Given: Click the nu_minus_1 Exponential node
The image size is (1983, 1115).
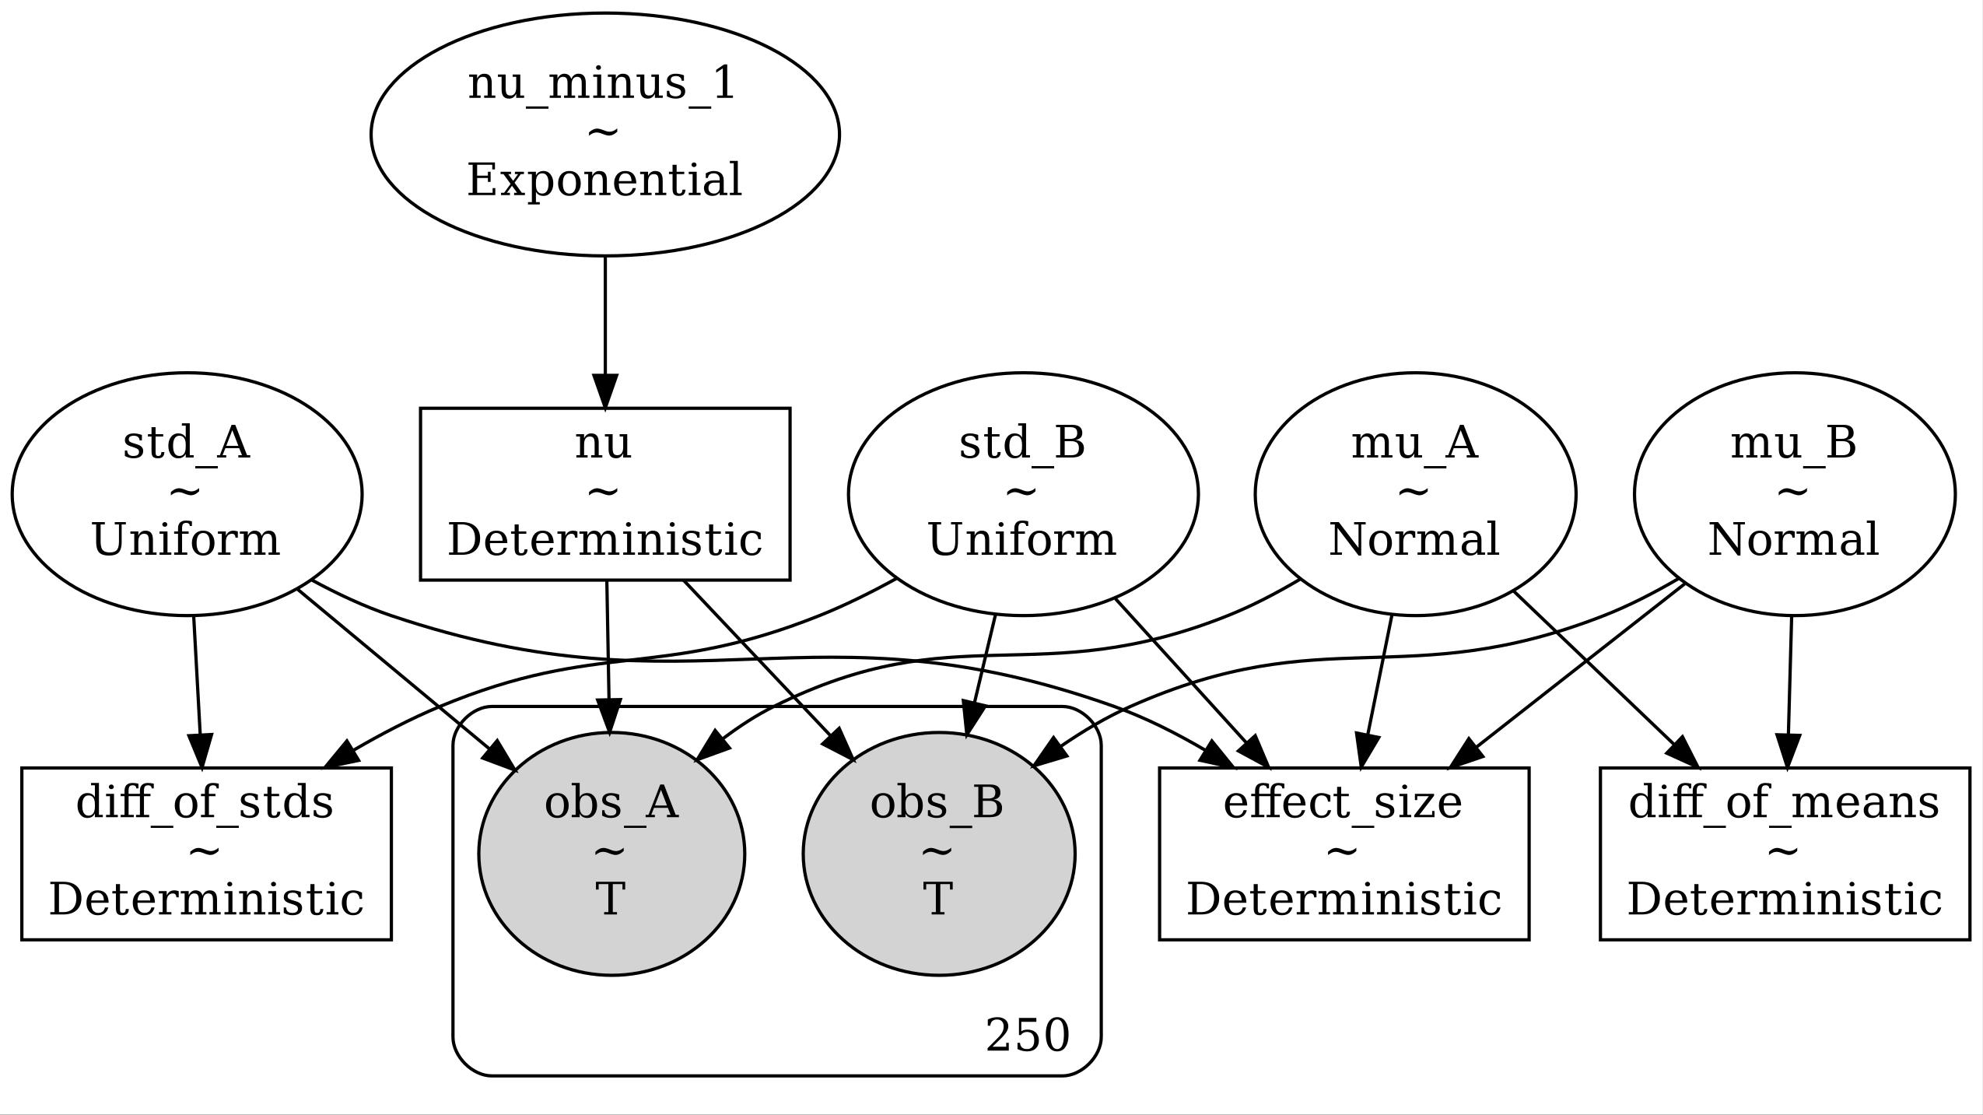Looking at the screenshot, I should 604,135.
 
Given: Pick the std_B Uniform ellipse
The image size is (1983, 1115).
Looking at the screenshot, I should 1022,494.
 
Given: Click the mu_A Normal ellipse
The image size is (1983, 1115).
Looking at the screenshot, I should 1414,494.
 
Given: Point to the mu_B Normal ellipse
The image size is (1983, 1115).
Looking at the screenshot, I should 1793,494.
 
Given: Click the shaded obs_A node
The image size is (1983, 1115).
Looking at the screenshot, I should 611,854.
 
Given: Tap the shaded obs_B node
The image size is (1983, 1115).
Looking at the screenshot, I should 938,854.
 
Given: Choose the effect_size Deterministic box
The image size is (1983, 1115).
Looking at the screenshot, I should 1344,854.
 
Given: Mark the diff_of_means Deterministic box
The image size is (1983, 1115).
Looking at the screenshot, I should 1784,854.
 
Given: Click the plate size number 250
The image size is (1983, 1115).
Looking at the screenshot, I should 1027,1036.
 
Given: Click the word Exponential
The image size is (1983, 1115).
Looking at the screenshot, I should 604,181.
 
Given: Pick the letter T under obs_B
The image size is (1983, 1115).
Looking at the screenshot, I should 938,899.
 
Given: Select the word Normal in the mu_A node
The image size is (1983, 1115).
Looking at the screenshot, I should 1414,539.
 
